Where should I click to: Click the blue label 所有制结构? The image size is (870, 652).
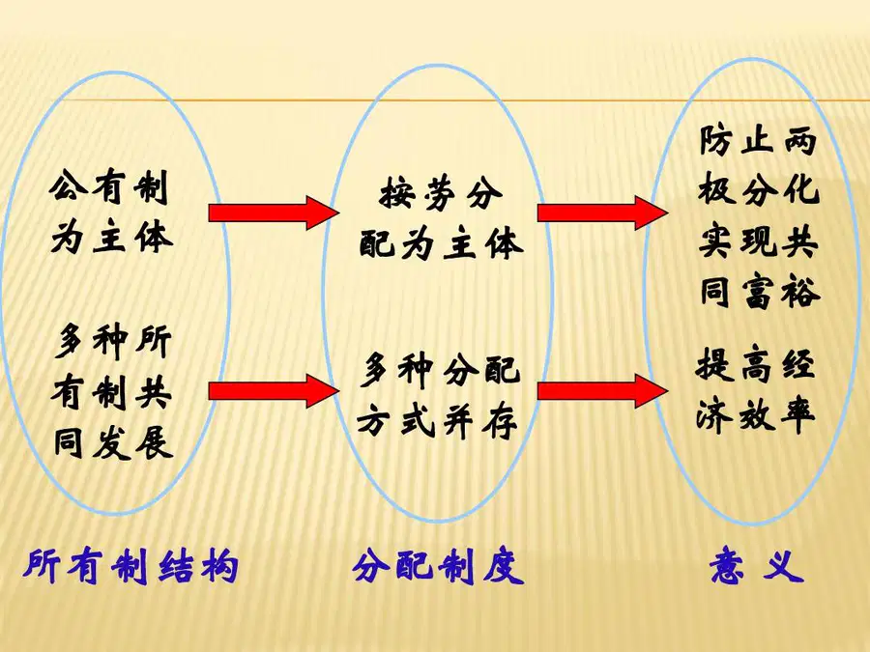point(131,567)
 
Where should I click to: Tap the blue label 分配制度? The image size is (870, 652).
point(438,567)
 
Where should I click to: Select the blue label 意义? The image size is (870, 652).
point(757,565)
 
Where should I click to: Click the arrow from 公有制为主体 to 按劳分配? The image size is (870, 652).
point(273,213)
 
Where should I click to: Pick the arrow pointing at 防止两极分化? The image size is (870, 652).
point(602,213)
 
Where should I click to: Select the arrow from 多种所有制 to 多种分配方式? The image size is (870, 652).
point(273,391)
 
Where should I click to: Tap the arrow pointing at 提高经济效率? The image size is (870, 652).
point(602,391)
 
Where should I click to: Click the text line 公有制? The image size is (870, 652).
point(108,187)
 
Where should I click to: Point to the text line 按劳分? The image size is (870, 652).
point(441,194)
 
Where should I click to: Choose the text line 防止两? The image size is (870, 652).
point(758,140)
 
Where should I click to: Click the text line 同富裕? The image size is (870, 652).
point(759,292)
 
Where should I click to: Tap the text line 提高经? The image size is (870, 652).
point(756,364)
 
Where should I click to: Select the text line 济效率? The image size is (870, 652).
point(756,414)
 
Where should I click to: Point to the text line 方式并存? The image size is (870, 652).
point(438,422)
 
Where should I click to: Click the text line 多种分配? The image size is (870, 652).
point(440,370)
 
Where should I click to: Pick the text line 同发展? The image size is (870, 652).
point(113,443)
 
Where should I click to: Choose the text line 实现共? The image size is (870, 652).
point(758,241)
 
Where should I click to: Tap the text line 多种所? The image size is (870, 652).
point(113,342)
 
